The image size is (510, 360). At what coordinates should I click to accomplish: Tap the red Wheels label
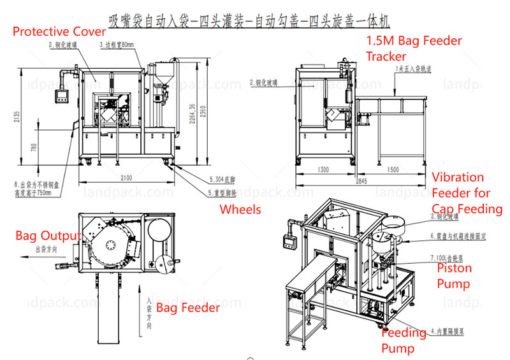click(x=240, y=209)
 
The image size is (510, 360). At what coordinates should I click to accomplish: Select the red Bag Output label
click(x=48, y=236)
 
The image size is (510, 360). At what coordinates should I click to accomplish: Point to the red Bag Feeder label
click(x=188, y=308)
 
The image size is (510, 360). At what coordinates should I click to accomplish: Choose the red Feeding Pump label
click(x=404, y=340)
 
